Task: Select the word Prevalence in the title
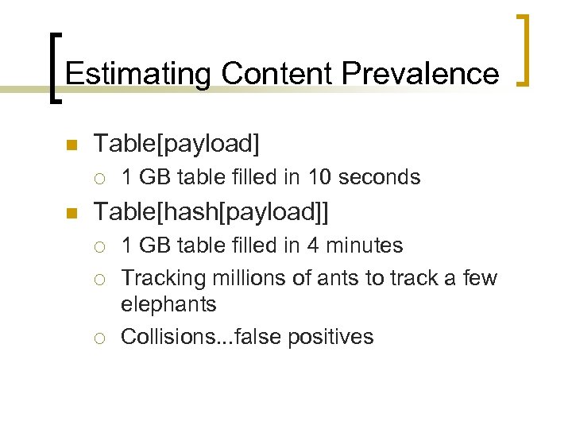(x=421, y=74)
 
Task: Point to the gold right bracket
(x=524, y=49)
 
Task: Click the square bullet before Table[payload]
(x=69, y=145)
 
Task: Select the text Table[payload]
(x=176, y=144)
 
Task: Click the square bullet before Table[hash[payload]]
(x=69, y=213)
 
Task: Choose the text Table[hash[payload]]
(x=211, y=211)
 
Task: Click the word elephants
(x=168, y=304)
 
